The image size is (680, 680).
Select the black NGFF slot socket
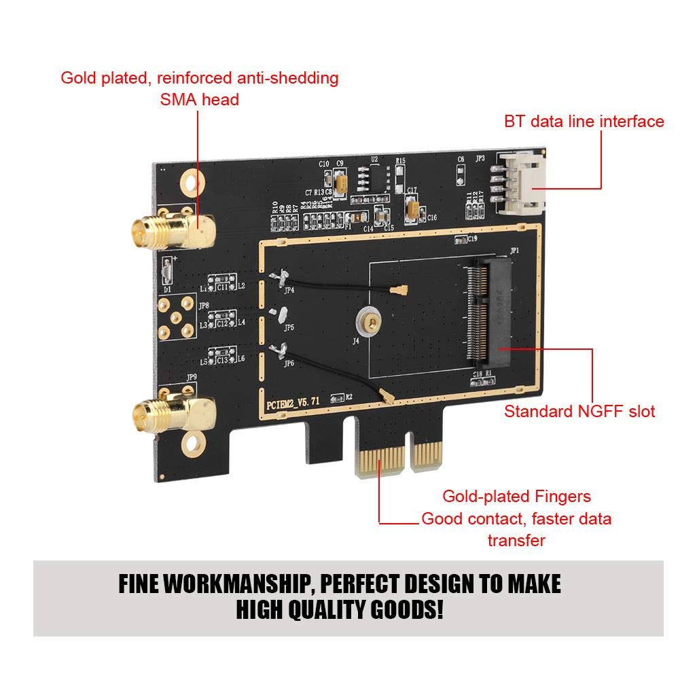[x=486, y=313]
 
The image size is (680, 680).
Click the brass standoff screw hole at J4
[x=368, y=315]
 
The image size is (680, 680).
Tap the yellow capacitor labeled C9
[x=342, y=181]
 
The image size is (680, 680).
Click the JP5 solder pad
[x=277, y=313]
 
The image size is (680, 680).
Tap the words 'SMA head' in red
[x=199, y=100]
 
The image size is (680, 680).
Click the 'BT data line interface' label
[x=584, y=122]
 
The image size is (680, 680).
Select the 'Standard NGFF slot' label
[x=579, y=411]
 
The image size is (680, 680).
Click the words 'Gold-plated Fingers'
[x=516, y=496]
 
